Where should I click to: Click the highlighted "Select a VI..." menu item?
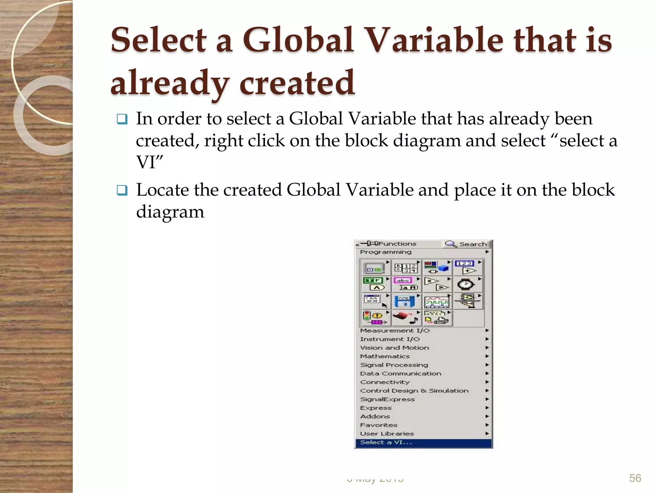coord(386,442)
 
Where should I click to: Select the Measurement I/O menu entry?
coord(395,331)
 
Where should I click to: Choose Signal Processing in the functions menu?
coord(394,365)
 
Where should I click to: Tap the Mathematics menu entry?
coord(385,356)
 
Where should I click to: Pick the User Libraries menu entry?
coord(387,434)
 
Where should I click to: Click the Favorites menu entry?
coord(379,425)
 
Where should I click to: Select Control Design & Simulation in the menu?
coord(414,391)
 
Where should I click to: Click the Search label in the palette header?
coord(473,244)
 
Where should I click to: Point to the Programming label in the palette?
coord(386,252)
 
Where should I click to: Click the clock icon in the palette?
coord(466,284)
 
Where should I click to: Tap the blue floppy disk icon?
coord(405,301)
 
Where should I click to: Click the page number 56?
coord(635,478)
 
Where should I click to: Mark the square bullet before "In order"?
coord(122,120)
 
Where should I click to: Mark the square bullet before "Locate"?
coord(122,191)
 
